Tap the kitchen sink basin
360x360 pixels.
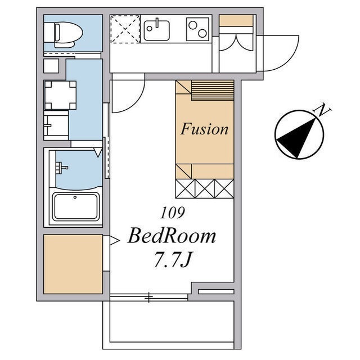tap(157, 31)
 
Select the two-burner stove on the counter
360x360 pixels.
tap(197, 29)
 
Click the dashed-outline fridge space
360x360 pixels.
tap(125, 29)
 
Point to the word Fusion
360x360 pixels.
tap(204, 129)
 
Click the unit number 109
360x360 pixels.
tap(173, 213)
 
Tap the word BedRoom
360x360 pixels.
tap(172, 236)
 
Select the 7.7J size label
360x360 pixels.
tap(173, 260)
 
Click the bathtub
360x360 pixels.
tap(76, 206)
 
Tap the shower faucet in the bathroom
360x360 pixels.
tap(61, 166)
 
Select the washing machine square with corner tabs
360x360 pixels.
tap(60, 95)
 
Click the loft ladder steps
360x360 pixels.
tap(213, 91)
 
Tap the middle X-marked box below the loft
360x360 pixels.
tap(205, 188)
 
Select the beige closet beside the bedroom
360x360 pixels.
tap(73, 264)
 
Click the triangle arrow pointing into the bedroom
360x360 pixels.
tap(115, 241)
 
